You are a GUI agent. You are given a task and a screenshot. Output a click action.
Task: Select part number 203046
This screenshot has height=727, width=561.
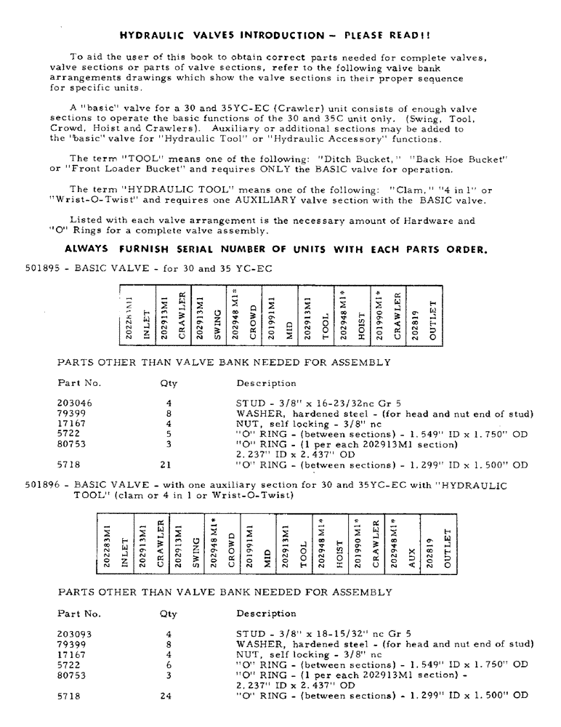[75, 402]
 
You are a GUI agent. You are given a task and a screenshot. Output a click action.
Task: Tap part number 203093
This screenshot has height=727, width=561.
[75, 633]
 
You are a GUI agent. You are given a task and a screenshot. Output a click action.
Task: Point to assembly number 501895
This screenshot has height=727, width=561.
[41, 268]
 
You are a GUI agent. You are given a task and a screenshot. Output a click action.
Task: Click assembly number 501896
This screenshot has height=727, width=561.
[41, 485]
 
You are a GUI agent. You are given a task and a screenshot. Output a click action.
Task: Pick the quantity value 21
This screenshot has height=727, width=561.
[168, 465]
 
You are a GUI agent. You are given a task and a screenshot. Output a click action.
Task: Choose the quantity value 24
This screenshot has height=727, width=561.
[168, 696]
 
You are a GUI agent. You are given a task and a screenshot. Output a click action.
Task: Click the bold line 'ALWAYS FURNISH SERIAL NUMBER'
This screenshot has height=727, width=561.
[275, 249]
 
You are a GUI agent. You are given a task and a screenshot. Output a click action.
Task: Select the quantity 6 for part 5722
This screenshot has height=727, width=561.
[168, 664]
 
